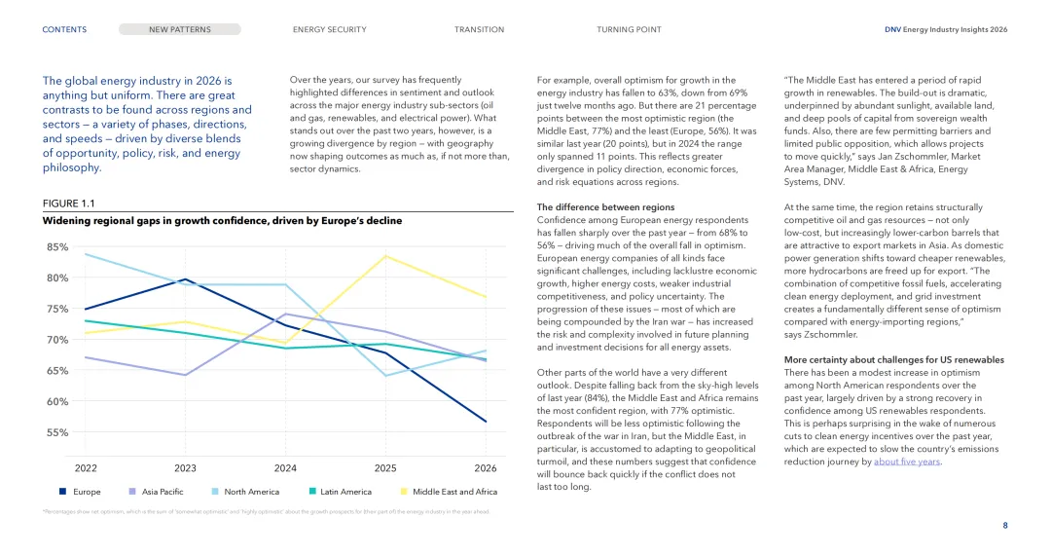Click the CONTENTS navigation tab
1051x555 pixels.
pyautogui.click(x=64, y=29)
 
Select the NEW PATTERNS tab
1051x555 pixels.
pyautogui.click(x=179, y=29)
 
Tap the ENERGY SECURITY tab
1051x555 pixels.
pyautogui.click(x=329, y=29)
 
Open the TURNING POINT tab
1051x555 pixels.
pyautogui.click(x=629, y=29)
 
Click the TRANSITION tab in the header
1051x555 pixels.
pyautogui.click(x=479, y=29)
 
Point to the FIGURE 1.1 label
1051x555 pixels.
pyautogui.click(x=68, y=203)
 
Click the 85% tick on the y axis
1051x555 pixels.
pyautogui.click(x=56, y=247)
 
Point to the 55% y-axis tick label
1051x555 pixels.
pyautogui.click(x=56, y=432)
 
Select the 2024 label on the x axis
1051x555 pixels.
pyautogui.click(x=285, y=467)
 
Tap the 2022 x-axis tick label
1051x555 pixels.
pyautogui.click(x=86, y=467)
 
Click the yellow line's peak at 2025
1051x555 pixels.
pyautogui.click(x=385, y=256)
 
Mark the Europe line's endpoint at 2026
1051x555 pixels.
pyautogui.click(x=486, y=422)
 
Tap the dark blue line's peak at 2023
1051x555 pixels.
pyautogui.click(x=185, y=279)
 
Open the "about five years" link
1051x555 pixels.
pyautogui.click(x=907, y=462)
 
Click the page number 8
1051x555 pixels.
pyautogui.click(x=1004, y=526)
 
